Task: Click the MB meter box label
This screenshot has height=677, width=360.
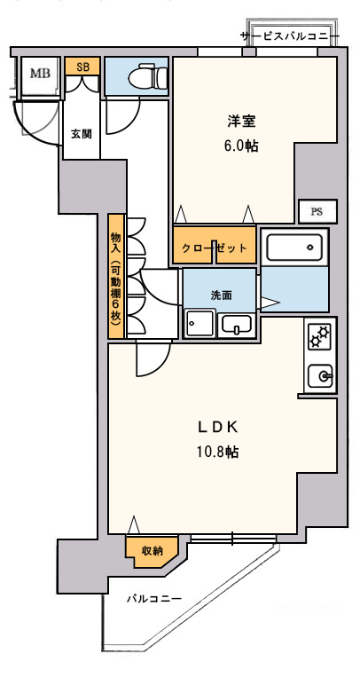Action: (x=40, y=74)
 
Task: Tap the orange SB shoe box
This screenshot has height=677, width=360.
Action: (x=82, y=67)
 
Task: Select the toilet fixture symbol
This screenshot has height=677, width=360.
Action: (x=147, y=76)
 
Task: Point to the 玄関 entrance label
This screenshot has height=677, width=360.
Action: (x=82, y=134)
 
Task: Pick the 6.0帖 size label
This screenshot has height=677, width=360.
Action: (x=241, y=146)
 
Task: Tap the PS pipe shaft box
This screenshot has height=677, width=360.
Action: (x=317, y=211)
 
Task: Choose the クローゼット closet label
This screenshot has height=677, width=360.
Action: (x=215, y=248)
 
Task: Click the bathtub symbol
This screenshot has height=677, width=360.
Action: (x=294, y=248)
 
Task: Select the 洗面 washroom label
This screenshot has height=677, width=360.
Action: (x=222, y=295)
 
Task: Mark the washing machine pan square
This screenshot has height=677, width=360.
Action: (x=200, y=323)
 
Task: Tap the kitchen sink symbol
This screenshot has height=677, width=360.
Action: (x=320, y=376)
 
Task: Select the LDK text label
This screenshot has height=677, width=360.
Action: (x=218, y=427)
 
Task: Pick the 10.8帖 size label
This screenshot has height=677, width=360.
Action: (x=218, y=452)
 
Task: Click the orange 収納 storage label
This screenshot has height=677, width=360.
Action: (x=152, y=551)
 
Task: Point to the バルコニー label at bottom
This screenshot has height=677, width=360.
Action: (x=154, y=599)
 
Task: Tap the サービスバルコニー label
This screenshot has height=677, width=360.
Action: (x=291, y=35)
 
